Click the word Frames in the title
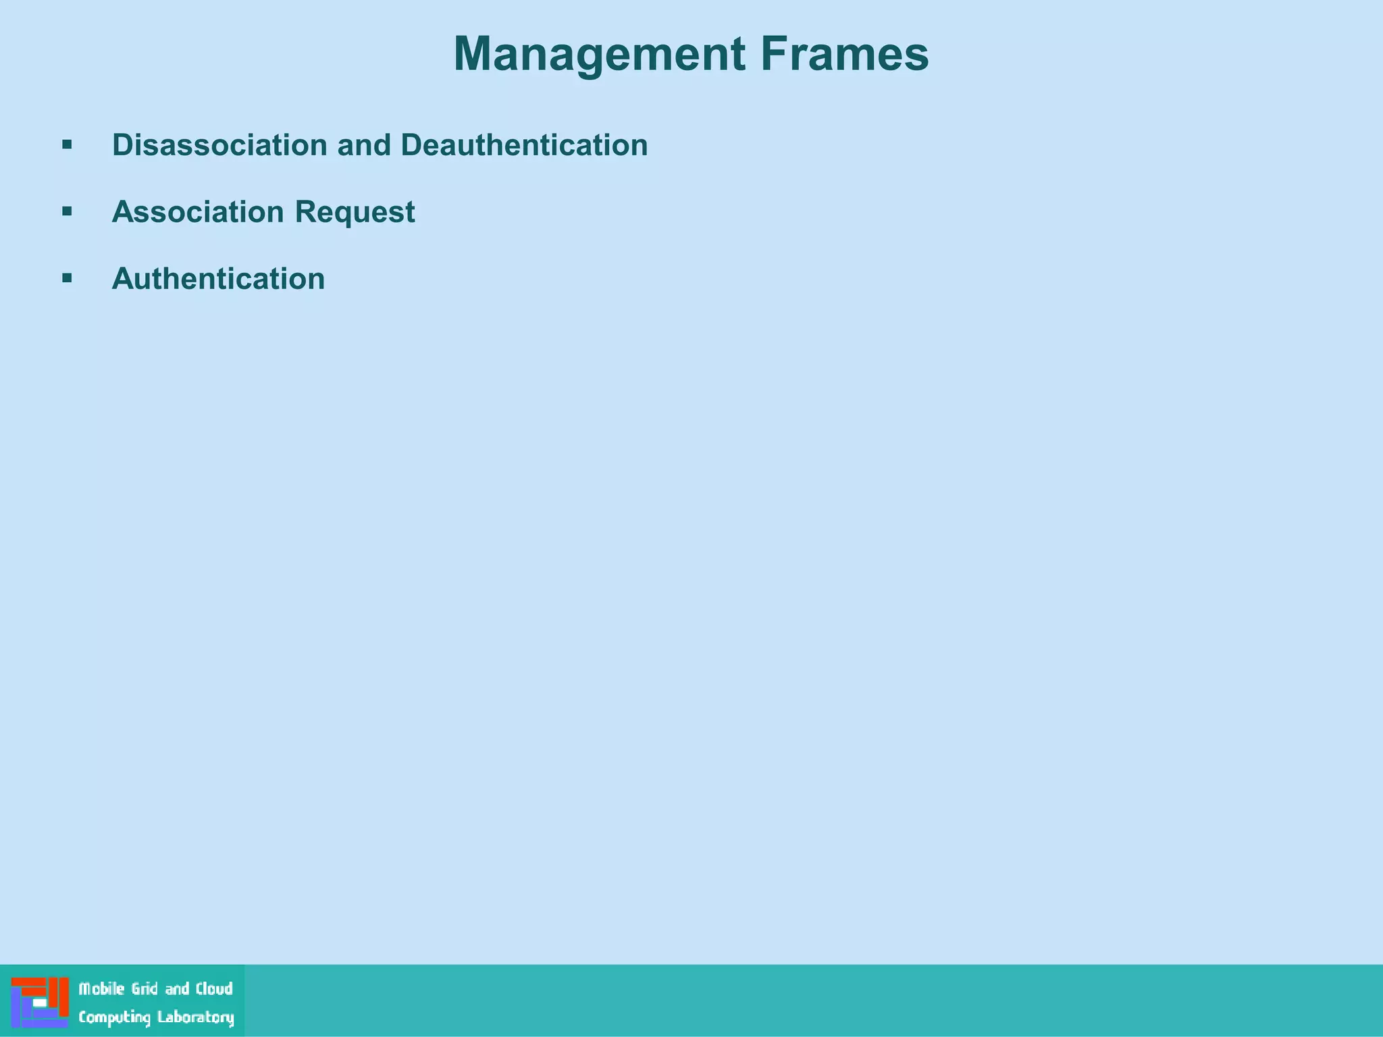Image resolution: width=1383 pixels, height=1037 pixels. coord(845,53)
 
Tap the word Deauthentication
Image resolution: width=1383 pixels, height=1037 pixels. coord(524,144)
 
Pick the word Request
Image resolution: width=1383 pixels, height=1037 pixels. coord(355,213)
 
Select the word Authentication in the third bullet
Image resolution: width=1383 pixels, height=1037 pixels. coord(218,278)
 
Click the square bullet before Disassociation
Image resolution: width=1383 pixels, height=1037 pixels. coord(67,144)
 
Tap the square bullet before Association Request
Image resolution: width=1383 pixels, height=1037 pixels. coord(67,211)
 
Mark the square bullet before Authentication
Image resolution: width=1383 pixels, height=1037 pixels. coord(67,277)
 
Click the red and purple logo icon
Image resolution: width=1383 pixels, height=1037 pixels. coord(40,1002)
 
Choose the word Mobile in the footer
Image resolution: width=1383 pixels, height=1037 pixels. coord(102,989)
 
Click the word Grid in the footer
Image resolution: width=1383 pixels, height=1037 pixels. coord(145,989)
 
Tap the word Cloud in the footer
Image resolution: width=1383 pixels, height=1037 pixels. coord(214,989)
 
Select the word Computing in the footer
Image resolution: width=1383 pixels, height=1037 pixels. coord(114,1017)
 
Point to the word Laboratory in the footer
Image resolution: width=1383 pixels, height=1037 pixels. coord(196,1017)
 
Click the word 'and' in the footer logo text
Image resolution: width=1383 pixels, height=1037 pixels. coord(177,989)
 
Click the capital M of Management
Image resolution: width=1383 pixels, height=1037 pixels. coord(475,53)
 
